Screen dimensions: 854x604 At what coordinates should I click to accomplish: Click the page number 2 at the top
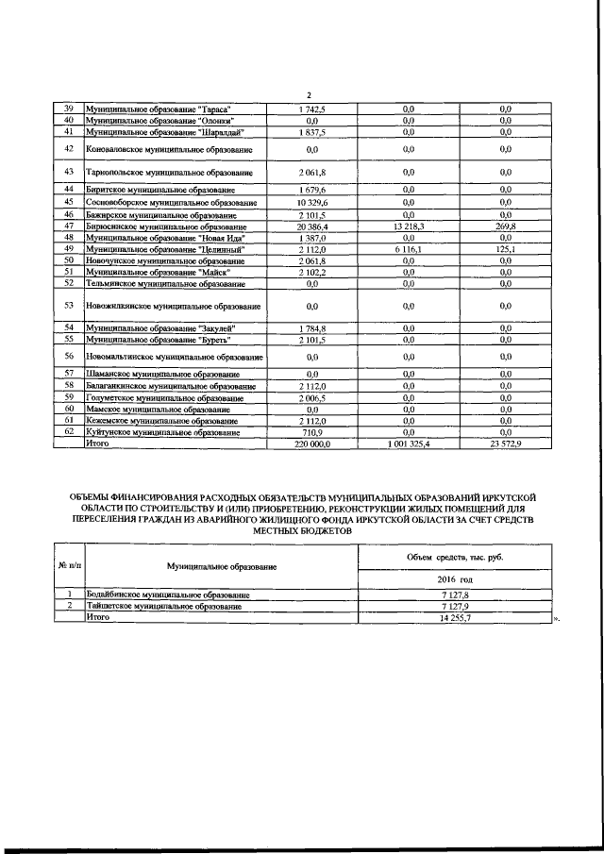(x=309, y=92)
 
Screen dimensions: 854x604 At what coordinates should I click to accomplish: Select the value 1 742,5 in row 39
(x=312, y=109)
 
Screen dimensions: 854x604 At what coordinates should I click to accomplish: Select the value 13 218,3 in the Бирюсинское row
(x=409, y=227)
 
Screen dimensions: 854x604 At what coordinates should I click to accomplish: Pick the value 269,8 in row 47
(x=506, y=227)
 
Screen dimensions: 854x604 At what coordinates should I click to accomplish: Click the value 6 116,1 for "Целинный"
(x=409, y=248)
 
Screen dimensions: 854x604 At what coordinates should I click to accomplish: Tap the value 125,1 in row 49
(x=506, y=248)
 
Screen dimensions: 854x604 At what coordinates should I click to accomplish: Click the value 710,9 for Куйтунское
(x=312, y=431)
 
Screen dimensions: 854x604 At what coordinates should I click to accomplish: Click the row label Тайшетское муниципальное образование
(x=167, y=606)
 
